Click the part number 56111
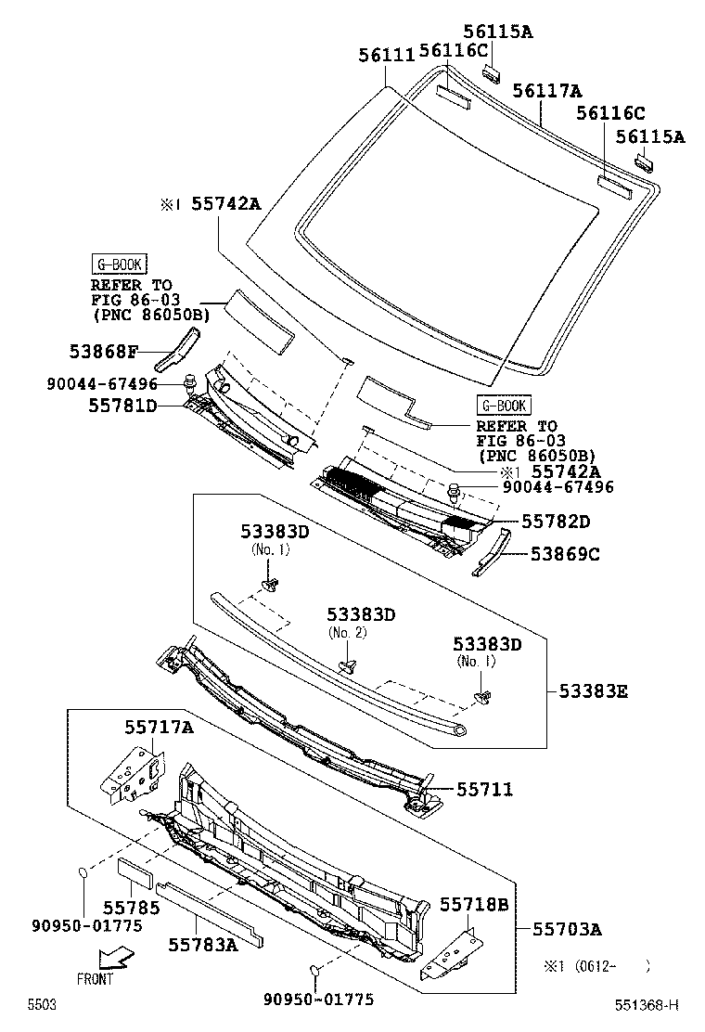[386, 56]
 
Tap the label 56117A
[546, 90]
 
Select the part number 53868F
[103, 352]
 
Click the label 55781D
[122, 406]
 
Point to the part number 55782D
[556, 522]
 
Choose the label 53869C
[565, 554]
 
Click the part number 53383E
[593, 690]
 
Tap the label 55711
[484, 789]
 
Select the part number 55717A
[159, 728]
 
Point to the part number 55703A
[567, 929]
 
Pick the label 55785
[131, 908]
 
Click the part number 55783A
[202, 944]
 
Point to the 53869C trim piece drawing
[491, 553]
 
